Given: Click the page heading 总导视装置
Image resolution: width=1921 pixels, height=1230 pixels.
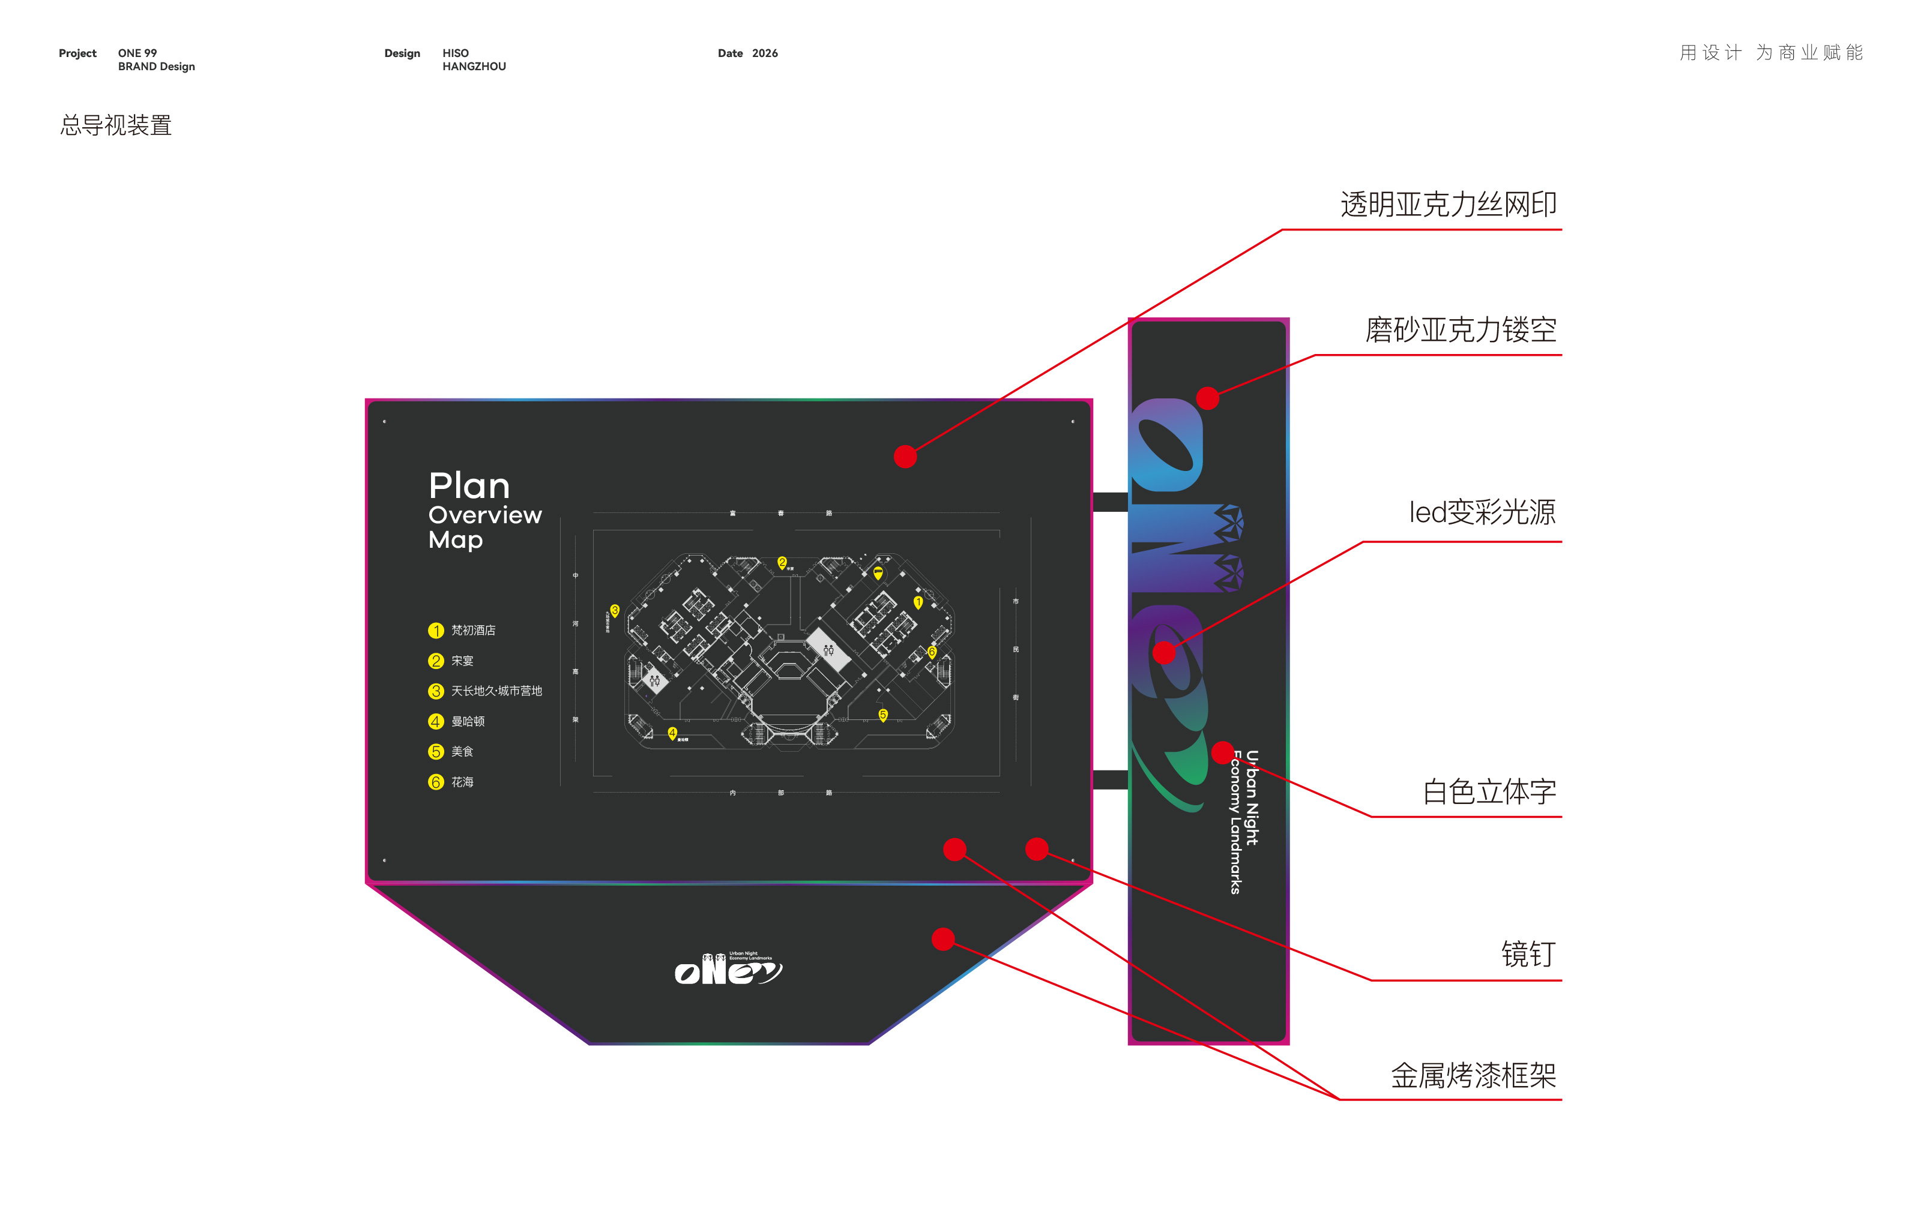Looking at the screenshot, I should click(116, 125).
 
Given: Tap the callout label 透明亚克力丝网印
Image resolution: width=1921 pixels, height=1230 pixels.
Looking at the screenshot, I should click(1447, 205).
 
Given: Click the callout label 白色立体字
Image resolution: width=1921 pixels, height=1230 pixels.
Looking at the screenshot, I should click(1489, 791).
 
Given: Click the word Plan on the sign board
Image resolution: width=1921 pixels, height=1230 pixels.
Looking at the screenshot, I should click(469, 485).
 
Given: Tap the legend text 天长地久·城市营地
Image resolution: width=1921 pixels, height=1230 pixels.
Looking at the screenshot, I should click(496, 691).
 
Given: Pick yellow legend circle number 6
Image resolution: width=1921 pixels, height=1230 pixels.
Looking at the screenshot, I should click(435, 782).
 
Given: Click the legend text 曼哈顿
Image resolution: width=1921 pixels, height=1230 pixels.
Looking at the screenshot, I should click(468, 721).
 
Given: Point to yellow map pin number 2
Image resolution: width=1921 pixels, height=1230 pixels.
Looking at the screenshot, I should click(782, 562).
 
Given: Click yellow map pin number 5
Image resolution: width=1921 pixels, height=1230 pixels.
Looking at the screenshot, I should click(883, 715).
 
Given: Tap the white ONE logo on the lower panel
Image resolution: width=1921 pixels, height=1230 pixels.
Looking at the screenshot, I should click(727, 970).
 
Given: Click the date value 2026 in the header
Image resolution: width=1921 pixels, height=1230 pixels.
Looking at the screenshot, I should click(765, 53).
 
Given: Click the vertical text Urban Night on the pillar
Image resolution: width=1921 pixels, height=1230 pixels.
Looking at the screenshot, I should click(1252, 797).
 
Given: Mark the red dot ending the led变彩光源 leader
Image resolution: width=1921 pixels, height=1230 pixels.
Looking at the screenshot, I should click(1164, 653).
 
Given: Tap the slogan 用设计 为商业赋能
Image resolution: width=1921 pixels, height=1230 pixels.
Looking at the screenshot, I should click(1771, 53).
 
